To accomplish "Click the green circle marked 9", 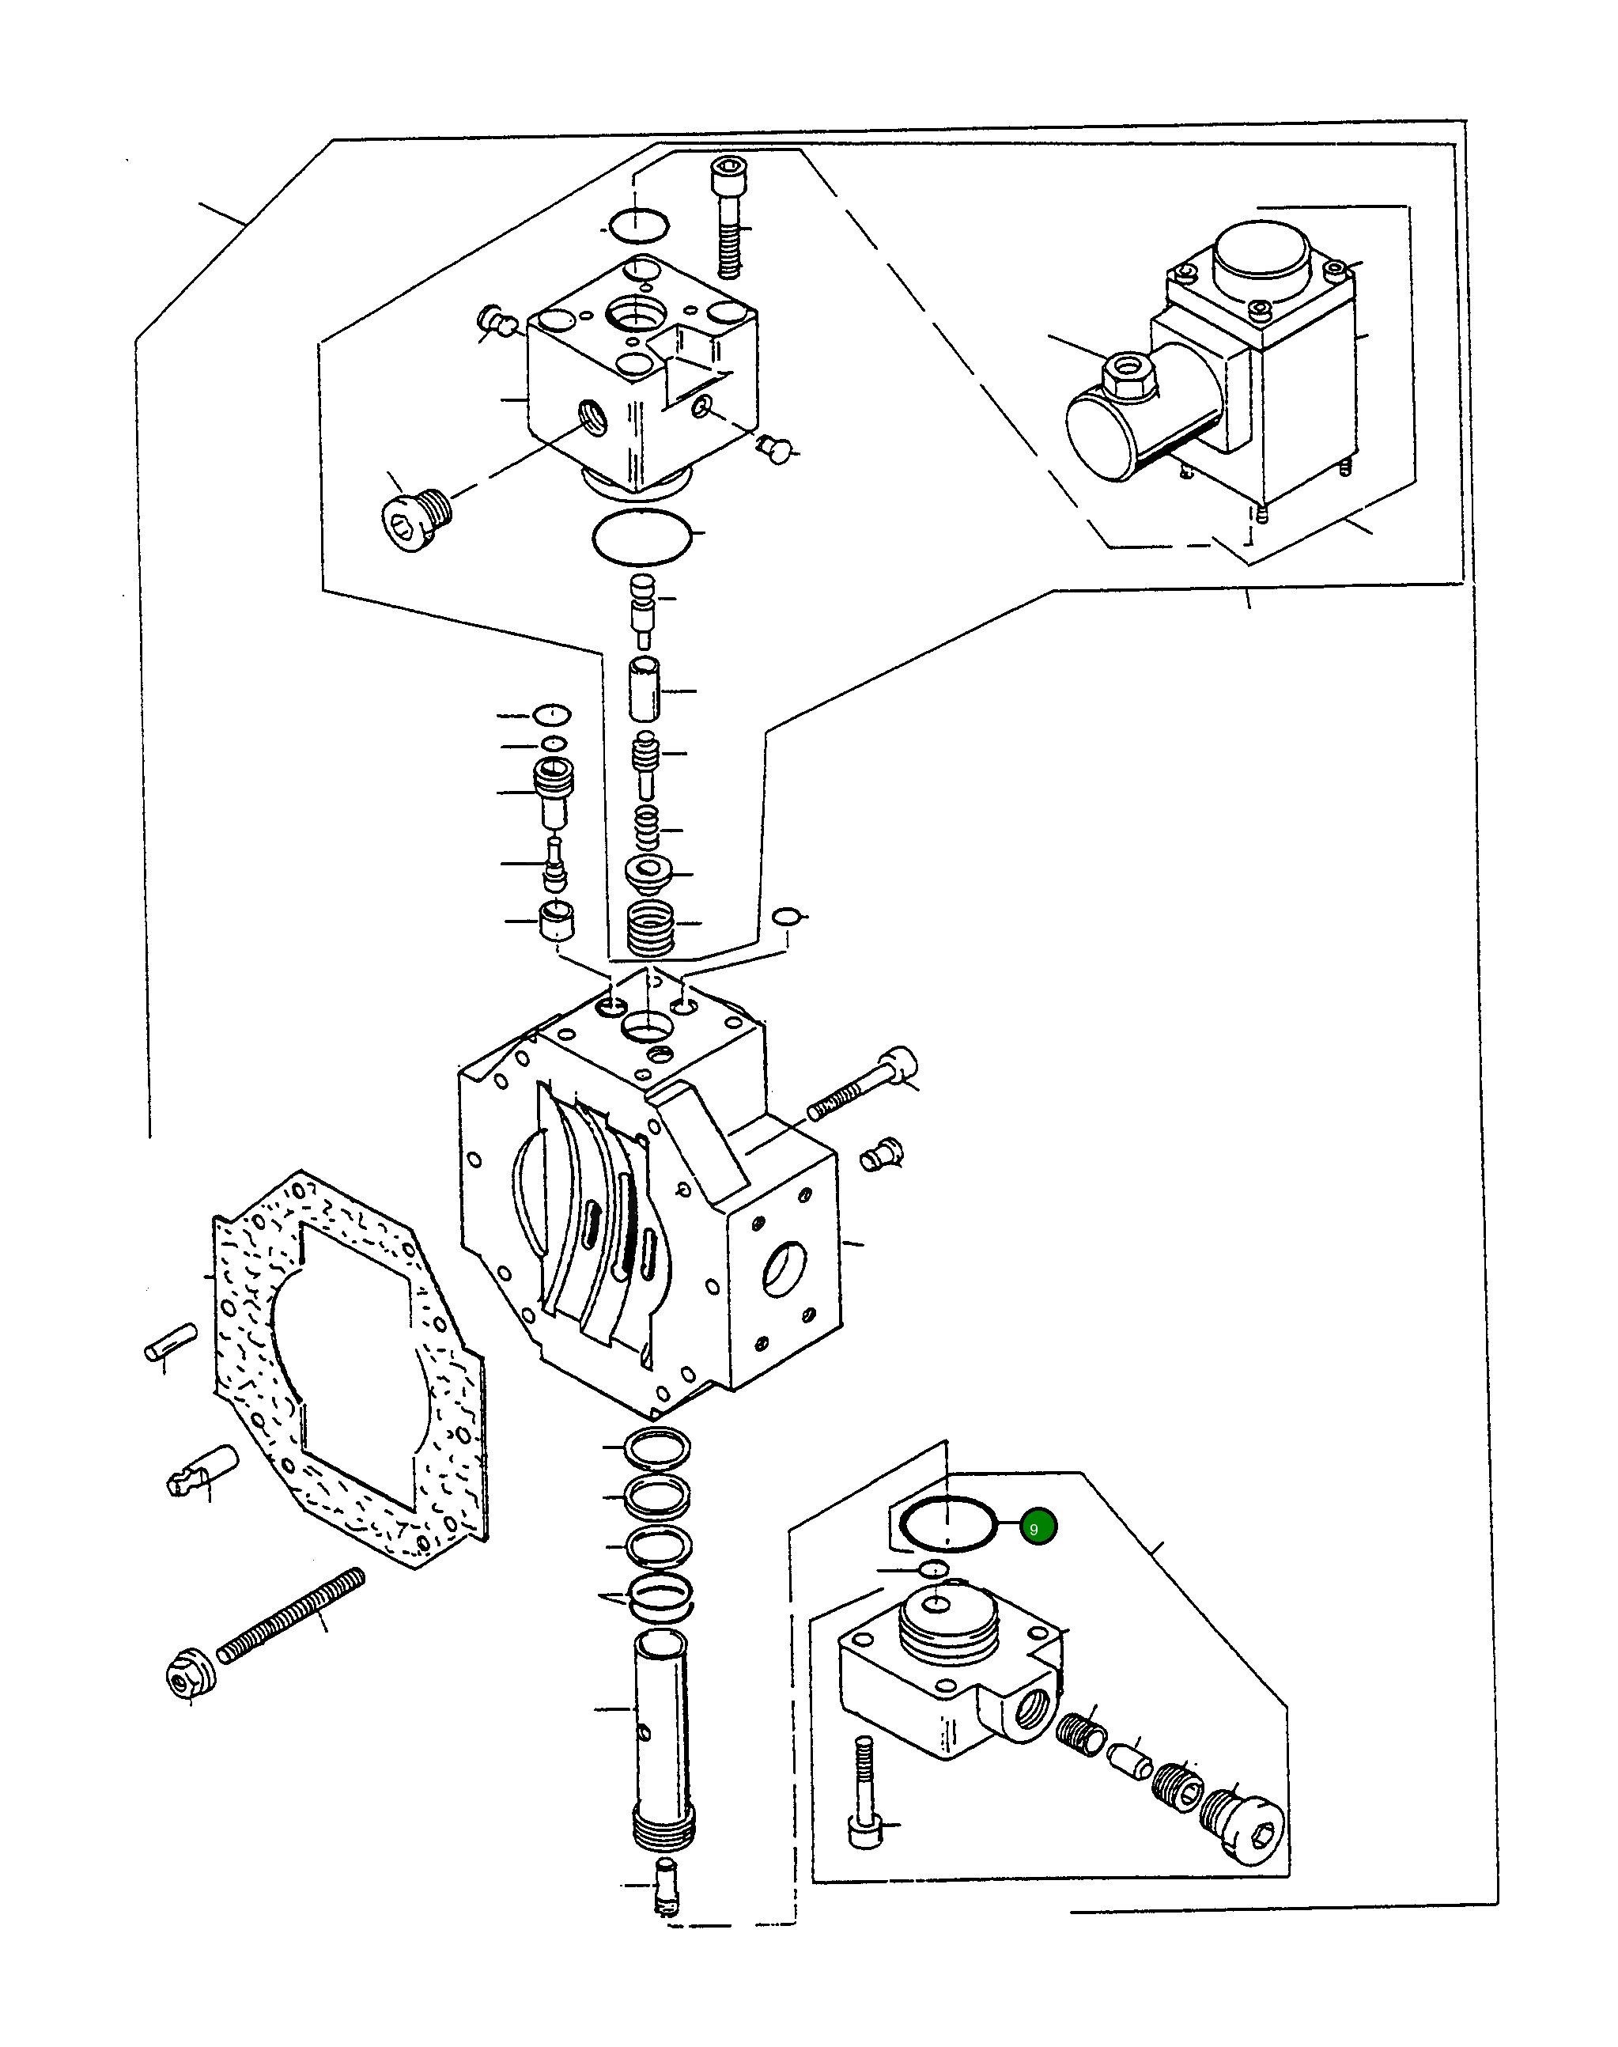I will (x=1038, y=1528).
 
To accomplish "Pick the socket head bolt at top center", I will (x=727, y=218).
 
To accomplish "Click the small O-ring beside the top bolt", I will (x=638, y=225).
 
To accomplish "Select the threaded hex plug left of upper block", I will (x=415, y=518).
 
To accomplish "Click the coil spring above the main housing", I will (x=651, y=926).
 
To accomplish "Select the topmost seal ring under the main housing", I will (x=657, y=1447).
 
